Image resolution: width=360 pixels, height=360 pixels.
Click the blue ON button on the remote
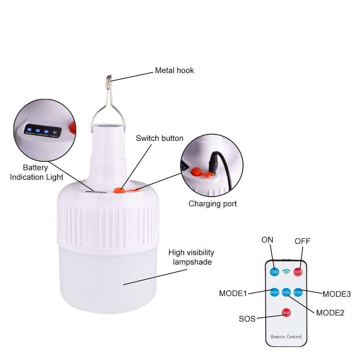274,272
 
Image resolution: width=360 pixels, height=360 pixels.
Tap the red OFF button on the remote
298,272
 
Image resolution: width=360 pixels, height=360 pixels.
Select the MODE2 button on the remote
286,292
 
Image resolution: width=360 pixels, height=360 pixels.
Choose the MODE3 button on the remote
298,292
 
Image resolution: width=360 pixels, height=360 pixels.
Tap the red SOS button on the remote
286,313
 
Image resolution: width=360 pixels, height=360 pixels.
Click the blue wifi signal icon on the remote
286,272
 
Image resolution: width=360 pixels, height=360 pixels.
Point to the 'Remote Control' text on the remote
286,337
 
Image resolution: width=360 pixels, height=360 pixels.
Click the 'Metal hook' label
174,70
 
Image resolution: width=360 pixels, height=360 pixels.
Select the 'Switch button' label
159,138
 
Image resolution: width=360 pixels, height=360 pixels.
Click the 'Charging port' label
213,204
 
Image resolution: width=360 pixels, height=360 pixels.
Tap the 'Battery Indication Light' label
36,172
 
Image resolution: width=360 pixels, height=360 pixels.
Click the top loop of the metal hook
109,78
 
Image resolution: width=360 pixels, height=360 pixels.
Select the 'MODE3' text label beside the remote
336,294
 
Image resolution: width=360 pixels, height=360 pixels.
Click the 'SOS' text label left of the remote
247,319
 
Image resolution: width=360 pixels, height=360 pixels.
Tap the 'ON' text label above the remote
267,240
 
